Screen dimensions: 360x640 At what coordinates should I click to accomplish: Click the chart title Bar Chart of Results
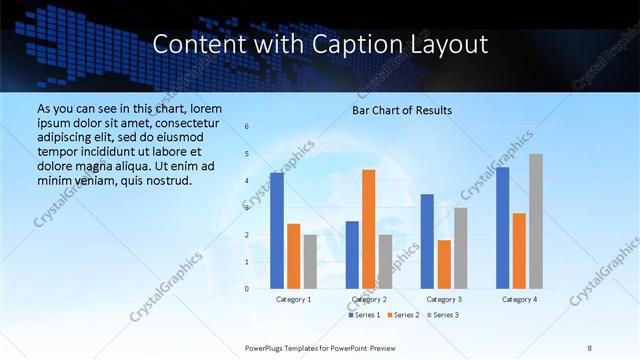(401, 110)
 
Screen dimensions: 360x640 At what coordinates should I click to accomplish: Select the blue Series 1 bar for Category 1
(277, 231)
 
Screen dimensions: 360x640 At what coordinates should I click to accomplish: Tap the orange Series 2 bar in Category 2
(368, 229)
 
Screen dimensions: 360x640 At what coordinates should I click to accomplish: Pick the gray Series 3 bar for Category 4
(536, 221)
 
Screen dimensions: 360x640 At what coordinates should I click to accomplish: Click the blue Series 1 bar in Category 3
(427, 241)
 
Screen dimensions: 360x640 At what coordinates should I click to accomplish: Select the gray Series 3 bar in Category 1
(310, 262)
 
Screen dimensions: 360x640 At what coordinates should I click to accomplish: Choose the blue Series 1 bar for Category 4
(502, 228)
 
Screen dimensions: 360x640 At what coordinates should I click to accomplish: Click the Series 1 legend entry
(365, 315)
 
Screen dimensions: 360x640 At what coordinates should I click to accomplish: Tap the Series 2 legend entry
(403, 315)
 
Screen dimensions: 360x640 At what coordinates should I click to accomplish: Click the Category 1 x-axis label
(293, 299)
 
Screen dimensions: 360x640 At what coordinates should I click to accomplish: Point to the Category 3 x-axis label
(444, 299)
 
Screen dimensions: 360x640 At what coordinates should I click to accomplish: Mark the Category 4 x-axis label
(519, 299)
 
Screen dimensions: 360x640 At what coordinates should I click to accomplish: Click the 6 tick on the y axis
(247, 127)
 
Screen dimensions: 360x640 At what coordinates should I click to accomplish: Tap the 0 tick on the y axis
(247, 289)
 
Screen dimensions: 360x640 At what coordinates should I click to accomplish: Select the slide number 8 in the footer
(590, 347)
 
